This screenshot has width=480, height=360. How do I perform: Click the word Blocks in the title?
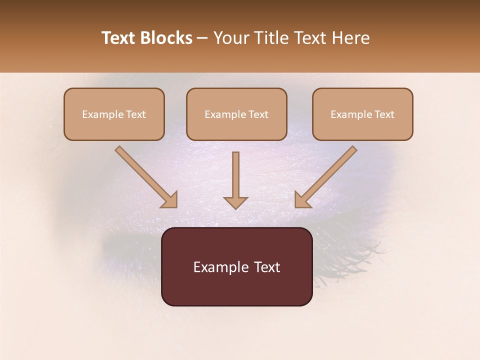coord(167,38)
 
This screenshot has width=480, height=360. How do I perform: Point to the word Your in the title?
coord(231,38)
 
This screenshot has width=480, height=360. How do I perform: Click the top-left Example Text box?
coord(114,114)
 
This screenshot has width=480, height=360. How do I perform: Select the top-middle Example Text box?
coord(236,114)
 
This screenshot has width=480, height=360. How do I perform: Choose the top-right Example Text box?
coord(362,114)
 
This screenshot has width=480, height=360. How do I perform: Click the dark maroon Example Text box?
coord(236,266)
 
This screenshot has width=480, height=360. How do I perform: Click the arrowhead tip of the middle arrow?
coord(235,207)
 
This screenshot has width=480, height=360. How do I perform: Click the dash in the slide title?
coord(202,38)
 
